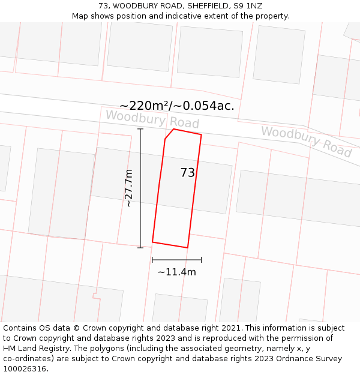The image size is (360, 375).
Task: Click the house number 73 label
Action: [188, 173]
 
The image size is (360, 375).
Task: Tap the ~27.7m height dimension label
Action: [128, 188]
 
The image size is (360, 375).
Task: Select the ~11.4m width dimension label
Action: [177, 272]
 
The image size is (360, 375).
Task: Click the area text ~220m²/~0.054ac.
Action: [177, 106]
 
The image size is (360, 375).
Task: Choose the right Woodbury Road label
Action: [306, 142]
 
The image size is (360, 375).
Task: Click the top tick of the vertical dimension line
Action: [140, 129]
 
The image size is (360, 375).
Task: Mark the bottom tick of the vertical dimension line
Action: [140, 247]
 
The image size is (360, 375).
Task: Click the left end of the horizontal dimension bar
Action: [152, 260]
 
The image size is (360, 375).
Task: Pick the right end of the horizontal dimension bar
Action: [201, 260]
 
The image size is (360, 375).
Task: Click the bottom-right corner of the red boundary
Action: [188, 247]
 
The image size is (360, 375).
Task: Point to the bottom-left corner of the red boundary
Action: [152, 242]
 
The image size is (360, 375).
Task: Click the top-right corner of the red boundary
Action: [201, 134]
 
